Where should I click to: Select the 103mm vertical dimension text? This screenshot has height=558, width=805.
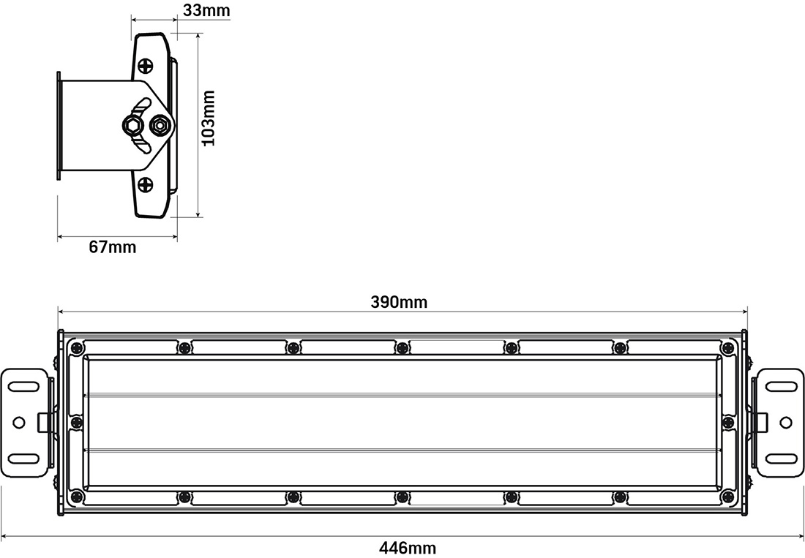click(x=209, y=118)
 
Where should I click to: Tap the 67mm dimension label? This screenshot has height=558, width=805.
click(x=113, y=247)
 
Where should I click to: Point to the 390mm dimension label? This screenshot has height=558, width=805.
click(x=399, y=303)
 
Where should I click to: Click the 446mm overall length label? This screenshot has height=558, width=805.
click(x=408, y=548)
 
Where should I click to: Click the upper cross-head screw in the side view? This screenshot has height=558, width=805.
click(x=146, y=65)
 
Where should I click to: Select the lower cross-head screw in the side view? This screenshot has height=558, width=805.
click(x=146, y=184)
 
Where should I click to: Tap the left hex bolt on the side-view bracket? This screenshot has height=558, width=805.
click(x=132, y=124)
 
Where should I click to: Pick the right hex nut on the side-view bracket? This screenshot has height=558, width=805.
click(x=159, y=124)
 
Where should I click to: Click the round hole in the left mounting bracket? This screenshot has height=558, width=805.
click(x=19, y=422)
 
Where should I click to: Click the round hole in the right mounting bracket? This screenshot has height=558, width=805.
click(x=785, y=422)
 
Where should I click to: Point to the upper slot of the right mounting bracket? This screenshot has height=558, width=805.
click(x=780, y=385)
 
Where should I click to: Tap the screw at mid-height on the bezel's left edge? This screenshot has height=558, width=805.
click(x=77, y=422)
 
